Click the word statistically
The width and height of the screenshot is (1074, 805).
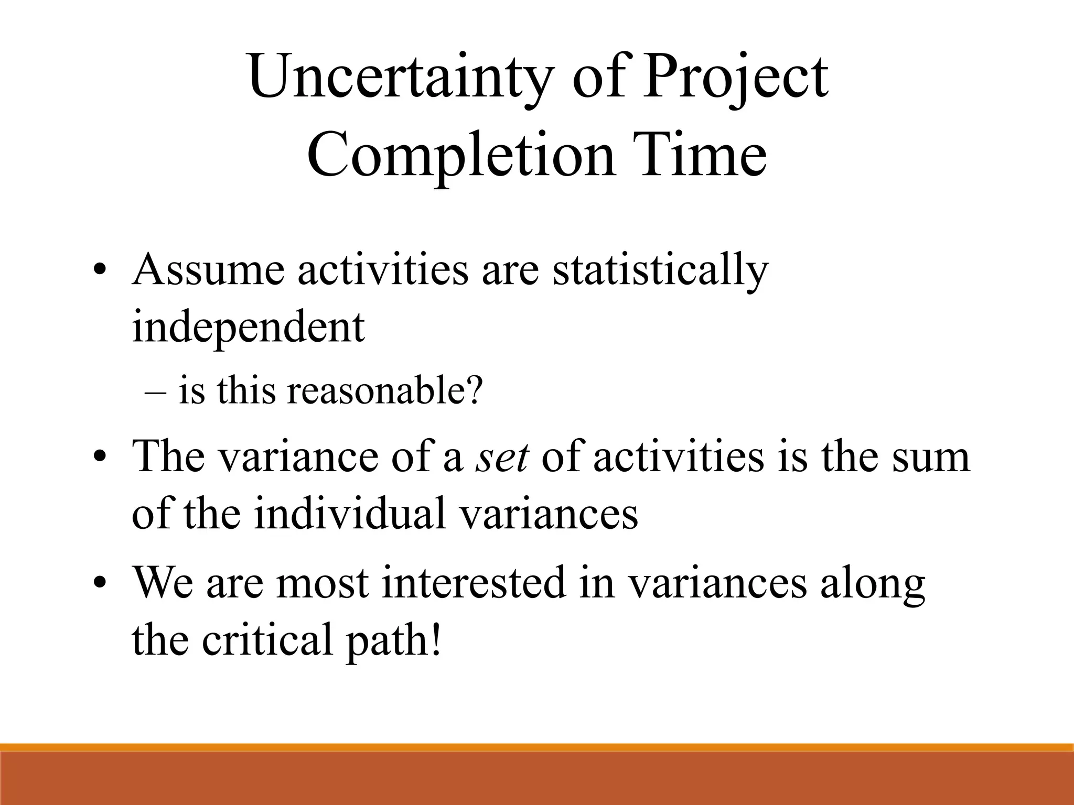(660, 271)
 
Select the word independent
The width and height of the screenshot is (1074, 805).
(248, 328)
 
